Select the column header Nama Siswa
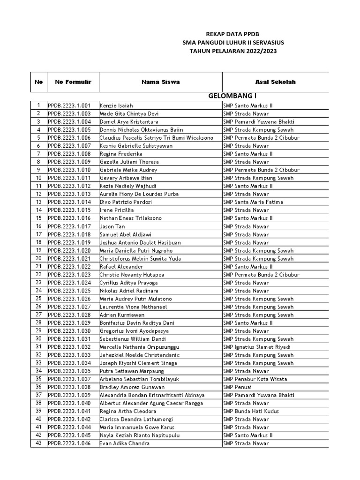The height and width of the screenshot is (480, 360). [161, 82]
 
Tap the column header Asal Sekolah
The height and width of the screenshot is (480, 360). [275, 82]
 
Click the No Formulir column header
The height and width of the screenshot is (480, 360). [73, 82]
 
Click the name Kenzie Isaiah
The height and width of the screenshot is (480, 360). [116, 106]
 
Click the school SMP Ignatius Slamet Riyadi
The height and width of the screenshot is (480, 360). [257, 347]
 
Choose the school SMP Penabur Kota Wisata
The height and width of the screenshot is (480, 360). [255, 379]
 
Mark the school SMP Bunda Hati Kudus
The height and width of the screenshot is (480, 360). [251, 411]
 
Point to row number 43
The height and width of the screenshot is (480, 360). [38, 443]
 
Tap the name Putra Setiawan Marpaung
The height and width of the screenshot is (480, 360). [129, 371]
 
